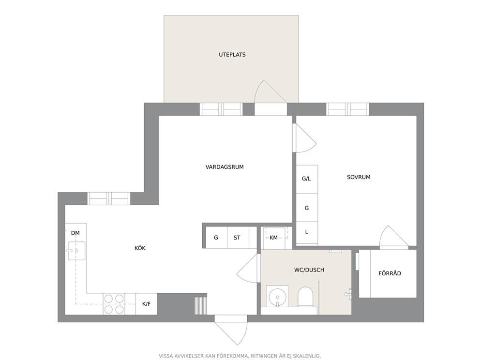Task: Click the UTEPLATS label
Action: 232,55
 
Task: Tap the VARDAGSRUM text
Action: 225,167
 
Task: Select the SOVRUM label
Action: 359,177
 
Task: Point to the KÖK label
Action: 140,248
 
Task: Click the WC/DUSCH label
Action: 309,270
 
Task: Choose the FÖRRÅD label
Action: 390,273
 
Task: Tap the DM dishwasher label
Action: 75,233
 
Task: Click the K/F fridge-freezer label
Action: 146,304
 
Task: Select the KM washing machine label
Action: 273,238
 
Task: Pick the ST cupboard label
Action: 237,238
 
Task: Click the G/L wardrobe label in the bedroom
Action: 306,179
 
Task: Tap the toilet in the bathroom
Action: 305,297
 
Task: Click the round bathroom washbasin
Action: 277,296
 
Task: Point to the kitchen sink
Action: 76,251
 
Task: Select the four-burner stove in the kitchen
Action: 114,304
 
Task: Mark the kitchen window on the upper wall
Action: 109,199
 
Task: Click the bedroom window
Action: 347,109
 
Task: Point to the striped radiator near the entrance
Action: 201,305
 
